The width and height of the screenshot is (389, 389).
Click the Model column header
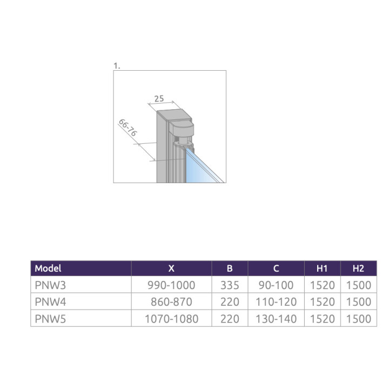pos(48,268)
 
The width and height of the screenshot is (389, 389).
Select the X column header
pos(171,268)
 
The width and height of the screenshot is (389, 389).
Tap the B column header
pos(230,268)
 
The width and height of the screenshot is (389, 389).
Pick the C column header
pos(276,268)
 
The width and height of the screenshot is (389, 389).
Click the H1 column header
pos(322,268)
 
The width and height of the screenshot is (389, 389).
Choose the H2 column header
pos(358,268)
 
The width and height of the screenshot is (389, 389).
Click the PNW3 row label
pos(50,285)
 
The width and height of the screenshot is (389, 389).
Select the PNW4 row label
pos(50,301)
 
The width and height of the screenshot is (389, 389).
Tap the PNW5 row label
pos(50,319)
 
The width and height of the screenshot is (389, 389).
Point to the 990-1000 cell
pos(171,285)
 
